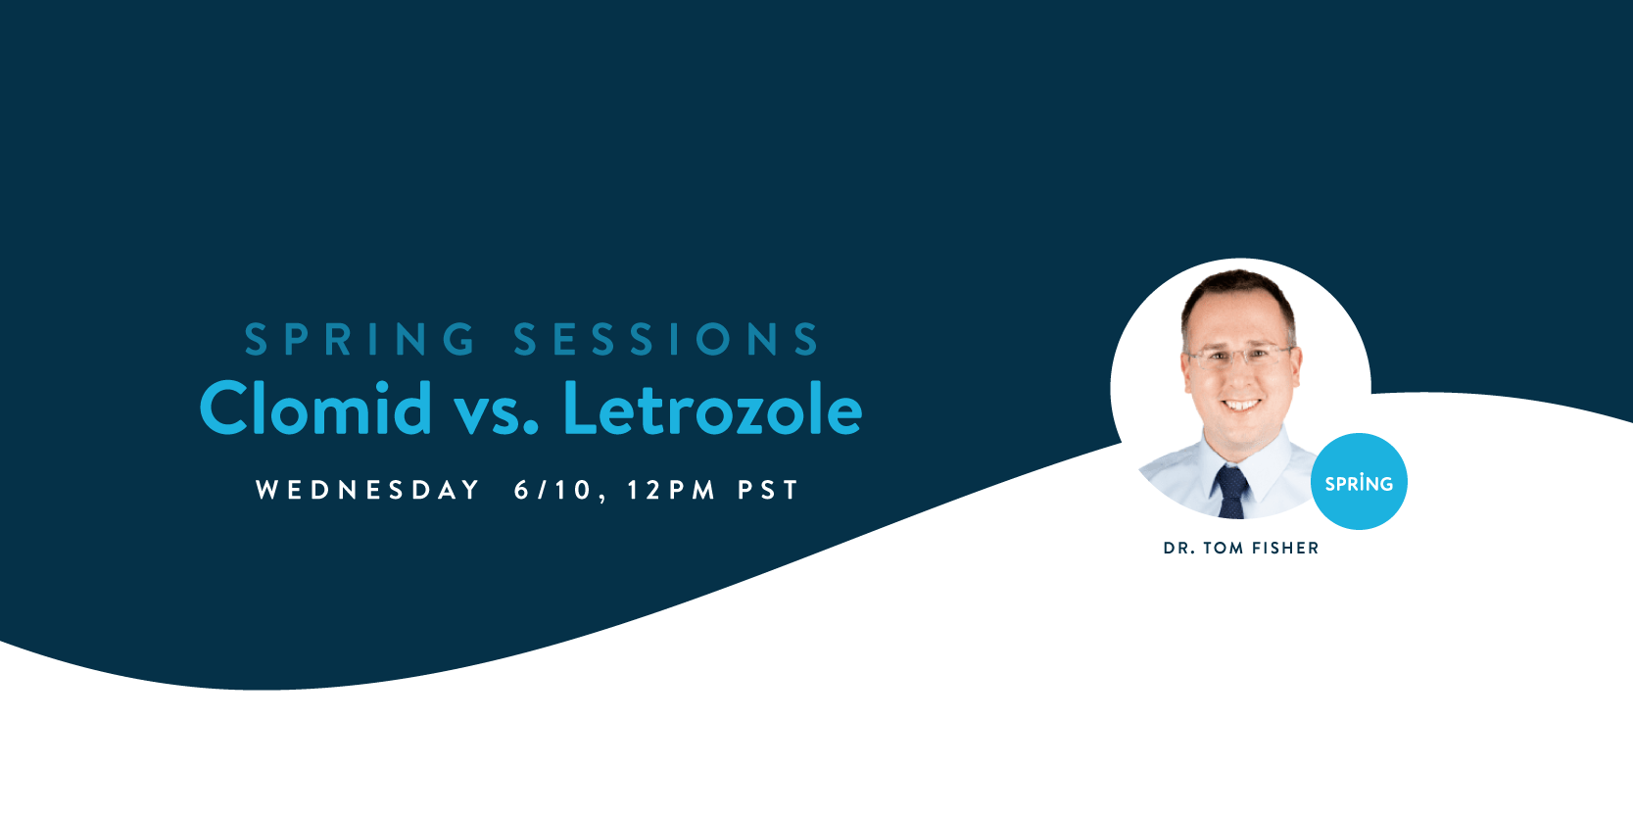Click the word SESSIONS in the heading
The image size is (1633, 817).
coord(667,339)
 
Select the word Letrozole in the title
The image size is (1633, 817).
coord(712,408)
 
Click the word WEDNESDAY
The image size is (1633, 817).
coord(367,490)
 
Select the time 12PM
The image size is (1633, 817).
coord(671,490)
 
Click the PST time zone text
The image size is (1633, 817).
coord(768,490)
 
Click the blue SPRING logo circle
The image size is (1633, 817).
coord(1359,482)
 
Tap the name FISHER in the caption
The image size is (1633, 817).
coord(1285,548)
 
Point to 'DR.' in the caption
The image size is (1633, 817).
coord(1179,548)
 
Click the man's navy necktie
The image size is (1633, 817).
coord(1231,492)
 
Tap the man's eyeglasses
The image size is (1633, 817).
coord(1240,358)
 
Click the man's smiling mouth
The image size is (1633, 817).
coord(1241,405)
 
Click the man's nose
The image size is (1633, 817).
coord(1240,377)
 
